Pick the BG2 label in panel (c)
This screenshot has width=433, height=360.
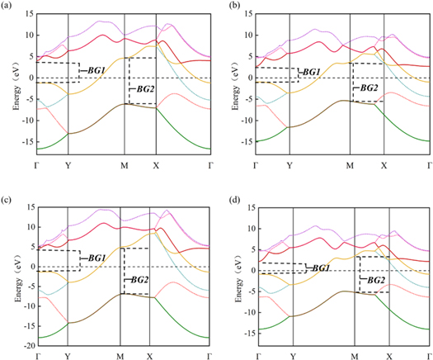(x=137, y=279)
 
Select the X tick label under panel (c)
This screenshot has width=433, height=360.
(x=149, y=356)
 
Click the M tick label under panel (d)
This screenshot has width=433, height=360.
(x=354, y=356)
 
